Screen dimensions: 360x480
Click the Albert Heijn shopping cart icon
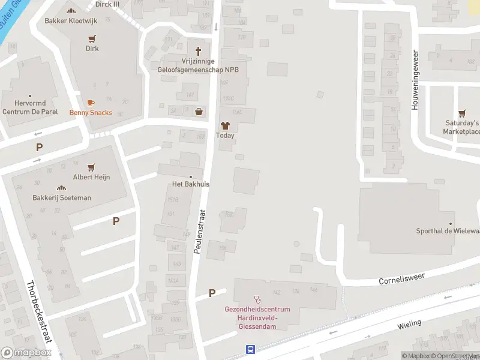coord(92,167)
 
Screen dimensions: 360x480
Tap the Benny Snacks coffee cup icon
coord(91,103)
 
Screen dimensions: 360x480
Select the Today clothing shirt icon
coord(225,126)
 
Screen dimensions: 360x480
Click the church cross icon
coord(198,51)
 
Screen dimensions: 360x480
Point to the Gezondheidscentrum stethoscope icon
coord(257,299)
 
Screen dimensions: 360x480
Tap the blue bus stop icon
coord(250,349)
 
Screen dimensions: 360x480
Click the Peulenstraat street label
coord(200,231)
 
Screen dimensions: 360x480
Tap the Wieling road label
coord(409,325)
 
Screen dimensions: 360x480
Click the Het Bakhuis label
coord(191,184)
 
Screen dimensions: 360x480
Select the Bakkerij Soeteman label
coord(62,197)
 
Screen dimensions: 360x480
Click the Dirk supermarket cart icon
coord(92,38)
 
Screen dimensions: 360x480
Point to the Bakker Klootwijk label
coord(71,20)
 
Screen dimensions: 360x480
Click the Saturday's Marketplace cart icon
coord(462,112)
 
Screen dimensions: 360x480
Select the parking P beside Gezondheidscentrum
coord(212,293)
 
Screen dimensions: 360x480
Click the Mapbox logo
coord(26,353)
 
